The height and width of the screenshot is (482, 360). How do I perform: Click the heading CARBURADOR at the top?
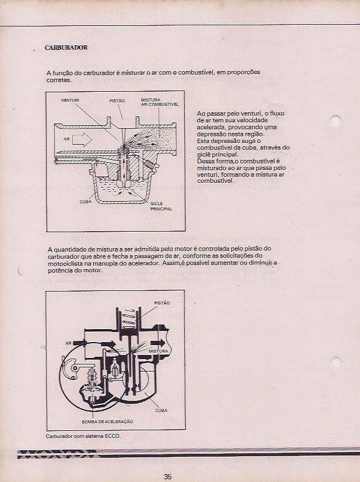click(x=66, y=48)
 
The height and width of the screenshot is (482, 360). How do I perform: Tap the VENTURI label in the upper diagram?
click(x=70, y=101)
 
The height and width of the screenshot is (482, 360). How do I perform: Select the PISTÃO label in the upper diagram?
click(x=117, y=101)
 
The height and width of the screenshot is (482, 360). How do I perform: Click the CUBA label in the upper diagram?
click(x=85, y=201)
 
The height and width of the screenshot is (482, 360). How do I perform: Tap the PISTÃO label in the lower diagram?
click(x=162, y=303)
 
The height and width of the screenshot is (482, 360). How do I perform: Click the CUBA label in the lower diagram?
click(x=161, y=410)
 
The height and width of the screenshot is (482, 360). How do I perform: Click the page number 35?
click(x=167, y=477)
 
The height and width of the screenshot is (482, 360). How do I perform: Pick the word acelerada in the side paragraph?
click(x=214, y=127)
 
